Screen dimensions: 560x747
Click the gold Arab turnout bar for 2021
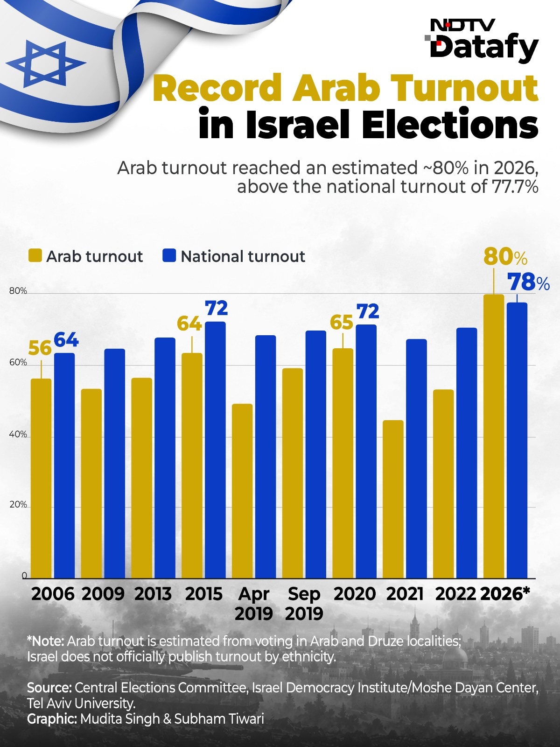click(393, 499)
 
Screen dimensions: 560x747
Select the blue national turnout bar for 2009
click(115, 464)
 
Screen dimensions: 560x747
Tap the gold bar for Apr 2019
click(242, 491)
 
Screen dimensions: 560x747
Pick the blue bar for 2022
click(467, 453)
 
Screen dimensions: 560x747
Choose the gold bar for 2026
click(494, 436)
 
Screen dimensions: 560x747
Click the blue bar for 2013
click(165, 458)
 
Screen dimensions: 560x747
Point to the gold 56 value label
click(40, 348)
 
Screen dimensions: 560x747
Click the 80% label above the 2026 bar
click(505, 257)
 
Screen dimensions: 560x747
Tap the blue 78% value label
click(528, 282)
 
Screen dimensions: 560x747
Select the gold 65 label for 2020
click(342, 322)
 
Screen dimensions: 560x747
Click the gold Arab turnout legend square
click(35, 255)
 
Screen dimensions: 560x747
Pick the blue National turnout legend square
click(169, 255)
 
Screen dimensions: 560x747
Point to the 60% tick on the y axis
click(18, 362)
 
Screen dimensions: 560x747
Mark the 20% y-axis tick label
click(18, 504)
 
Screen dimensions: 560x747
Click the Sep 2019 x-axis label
click(304, 604)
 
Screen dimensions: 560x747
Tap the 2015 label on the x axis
click(203, 594)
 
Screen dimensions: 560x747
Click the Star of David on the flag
click(46, 63)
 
